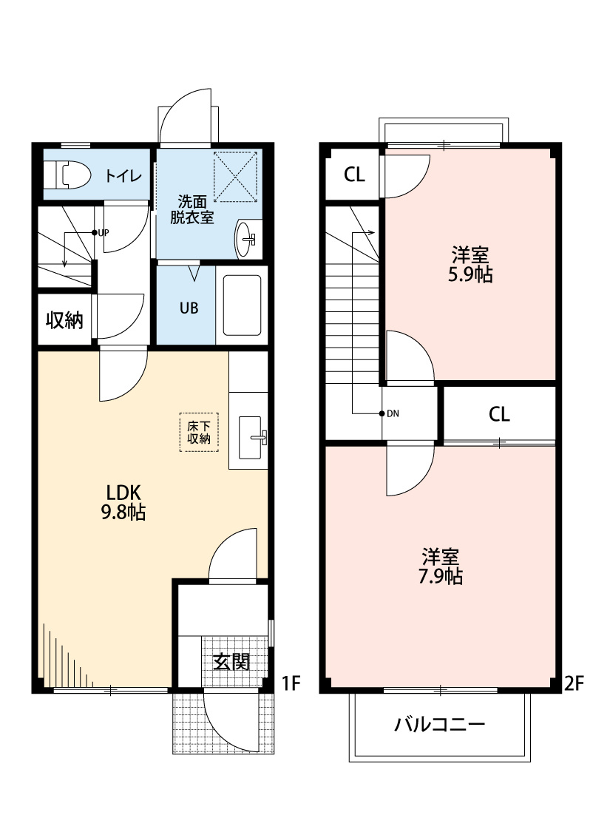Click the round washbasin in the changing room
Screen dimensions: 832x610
tap(247, 240)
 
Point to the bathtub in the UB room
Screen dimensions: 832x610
tap(242, 307)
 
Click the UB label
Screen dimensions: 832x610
tap(189, 308)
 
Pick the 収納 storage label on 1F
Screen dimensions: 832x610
tap(64, 320)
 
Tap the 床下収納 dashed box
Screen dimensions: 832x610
tap(199, 432)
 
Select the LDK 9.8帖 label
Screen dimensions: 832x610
tap(123, 502)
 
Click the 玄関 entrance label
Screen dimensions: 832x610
tap(231, 661)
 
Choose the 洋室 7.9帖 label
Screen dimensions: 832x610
tap(443, 566)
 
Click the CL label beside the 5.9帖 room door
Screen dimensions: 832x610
tap(354, 175)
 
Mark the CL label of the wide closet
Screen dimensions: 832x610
tap(499, 414)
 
